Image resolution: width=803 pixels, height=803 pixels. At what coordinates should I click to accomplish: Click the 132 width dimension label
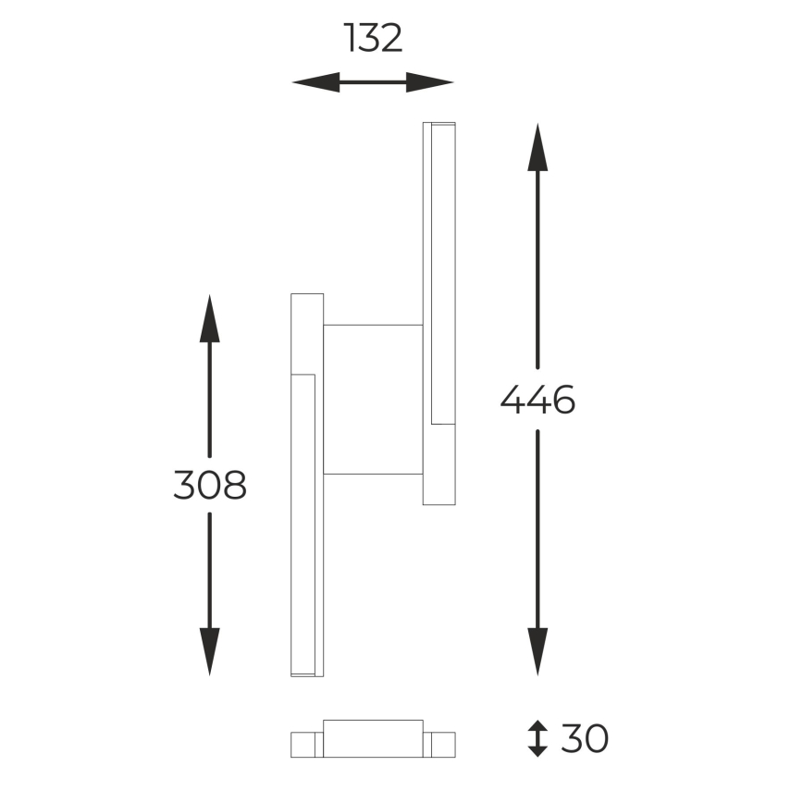pyautogui.click(x=373, y=38)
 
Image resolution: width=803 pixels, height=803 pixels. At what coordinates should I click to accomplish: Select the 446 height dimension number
pyautogui.click(x=537, y=399)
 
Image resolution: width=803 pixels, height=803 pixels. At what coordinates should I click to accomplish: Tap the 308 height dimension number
pyautogui.click(x=210, y=484)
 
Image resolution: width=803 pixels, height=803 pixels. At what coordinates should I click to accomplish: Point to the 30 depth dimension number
pyautogui.click(x=584, y=738)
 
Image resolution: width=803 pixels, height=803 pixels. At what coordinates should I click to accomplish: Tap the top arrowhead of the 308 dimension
pyautogui.click(x=210, y=319)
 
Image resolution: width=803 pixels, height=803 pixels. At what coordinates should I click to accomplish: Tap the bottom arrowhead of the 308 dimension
pyautogui.click(x=210, y=651)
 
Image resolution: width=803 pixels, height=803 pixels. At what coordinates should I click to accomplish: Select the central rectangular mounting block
pyautogui.click(x=373, y=400)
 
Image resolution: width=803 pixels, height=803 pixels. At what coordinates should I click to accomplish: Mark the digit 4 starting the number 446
pyautogui.click(x=513, y=399)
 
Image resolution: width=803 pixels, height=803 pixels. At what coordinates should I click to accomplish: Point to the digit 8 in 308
pyautogui.click(x=235, y=484)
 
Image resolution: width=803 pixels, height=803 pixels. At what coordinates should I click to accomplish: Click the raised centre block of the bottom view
pyautogui.click(x=373, y=738)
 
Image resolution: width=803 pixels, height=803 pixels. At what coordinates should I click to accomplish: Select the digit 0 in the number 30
pyautogui.click(x=597, y=738)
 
